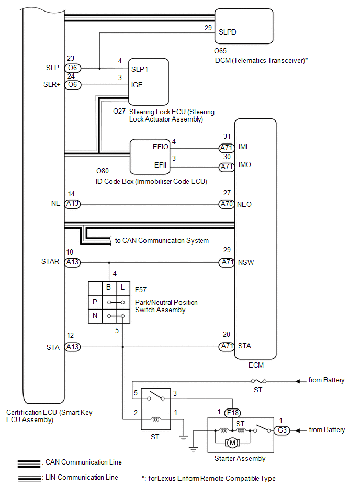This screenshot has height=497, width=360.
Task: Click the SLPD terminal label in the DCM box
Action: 228,31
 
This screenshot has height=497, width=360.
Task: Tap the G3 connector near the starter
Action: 282,430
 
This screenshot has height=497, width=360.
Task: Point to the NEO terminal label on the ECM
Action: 245,204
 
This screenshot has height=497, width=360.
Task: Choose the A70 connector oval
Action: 226,204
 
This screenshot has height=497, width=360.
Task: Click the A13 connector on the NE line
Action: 72,204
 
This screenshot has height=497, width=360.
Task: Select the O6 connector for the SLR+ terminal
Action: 72,85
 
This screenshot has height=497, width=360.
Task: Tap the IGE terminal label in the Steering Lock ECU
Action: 137,85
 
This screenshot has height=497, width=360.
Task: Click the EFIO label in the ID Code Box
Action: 161,147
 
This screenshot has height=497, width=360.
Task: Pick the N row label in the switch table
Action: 95,316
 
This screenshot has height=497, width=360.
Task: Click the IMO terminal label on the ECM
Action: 245,164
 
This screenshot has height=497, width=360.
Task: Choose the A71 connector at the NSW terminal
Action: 226,262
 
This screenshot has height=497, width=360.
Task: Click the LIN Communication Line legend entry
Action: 82,477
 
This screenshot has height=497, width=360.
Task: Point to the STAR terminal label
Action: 51,261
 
